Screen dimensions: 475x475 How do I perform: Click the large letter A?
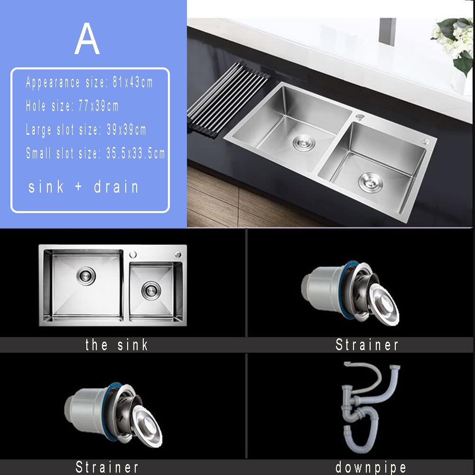[x=87, y=39]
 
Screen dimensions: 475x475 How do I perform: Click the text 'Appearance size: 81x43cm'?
[x=89, y=83]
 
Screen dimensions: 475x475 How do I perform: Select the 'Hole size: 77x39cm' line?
[x=72, y=106]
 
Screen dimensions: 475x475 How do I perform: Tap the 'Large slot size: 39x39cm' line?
[x=86, y=130]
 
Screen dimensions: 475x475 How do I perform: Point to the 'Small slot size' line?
[x=95, y=153]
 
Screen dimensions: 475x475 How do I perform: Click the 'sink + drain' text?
[x=84, y=186]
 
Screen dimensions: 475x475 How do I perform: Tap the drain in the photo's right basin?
[x=371, y=182]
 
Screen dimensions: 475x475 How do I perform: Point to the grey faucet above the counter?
[x=388, y=31]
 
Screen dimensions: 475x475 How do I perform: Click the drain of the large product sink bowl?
[x=86, y=276]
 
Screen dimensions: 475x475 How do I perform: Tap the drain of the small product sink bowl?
[x=151, y=290]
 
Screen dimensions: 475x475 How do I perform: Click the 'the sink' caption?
[x=117, y=345]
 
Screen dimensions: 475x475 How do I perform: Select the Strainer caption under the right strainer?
[x=367, y=345]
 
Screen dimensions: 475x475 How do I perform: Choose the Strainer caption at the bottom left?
[x=107, y=467]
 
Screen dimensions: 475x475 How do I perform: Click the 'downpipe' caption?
[x=371, y=467]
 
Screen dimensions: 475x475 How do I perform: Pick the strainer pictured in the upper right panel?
[x=350, y=293]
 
